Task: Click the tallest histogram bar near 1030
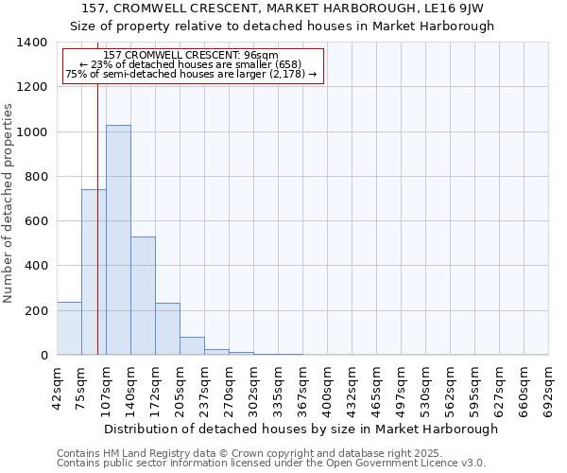pyautogui.click(x=118, y=240)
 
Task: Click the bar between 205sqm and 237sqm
pyautogui.click(x=192, y=346)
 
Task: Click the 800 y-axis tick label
pyautogui.click(x=36, y=177)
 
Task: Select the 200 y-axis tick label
pyautogui.click(x=36, y=311)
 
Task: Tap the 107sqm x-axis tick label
pyautogui.click(x=107, y=388)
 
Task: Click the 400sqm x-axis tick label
pyautogui.click(x=328, y=388)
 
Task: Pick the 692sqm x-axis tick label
pyautogui.click(x=549, y=388)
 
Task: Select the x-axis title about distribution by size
pyautogui.click(x=302, y=429)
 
